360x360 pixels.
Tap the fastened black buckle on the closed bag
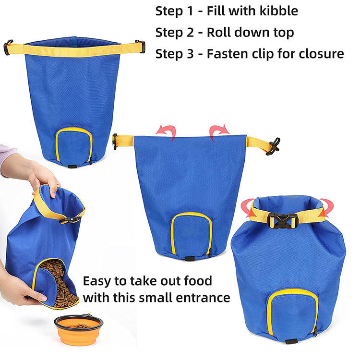click(283, 221)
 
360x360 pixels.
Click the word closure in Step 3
click(321, 54)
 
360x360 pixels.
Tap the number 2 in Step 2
click(190, 32)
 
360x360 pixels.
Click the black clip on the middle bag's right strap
click(273, 146)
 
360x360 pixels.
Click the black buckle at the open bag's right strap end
click(141, 46)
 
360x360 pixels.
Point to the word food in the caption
click(198, 281)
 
